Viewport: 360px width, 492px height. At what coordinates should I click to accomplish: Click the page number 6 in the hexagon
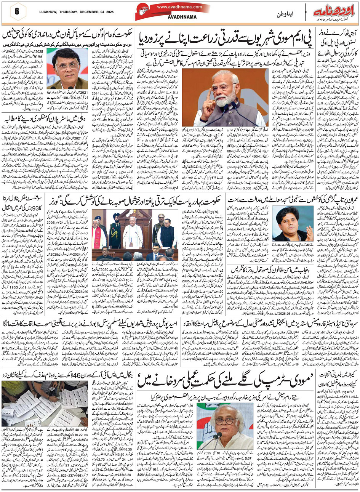tap(17, 11)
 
